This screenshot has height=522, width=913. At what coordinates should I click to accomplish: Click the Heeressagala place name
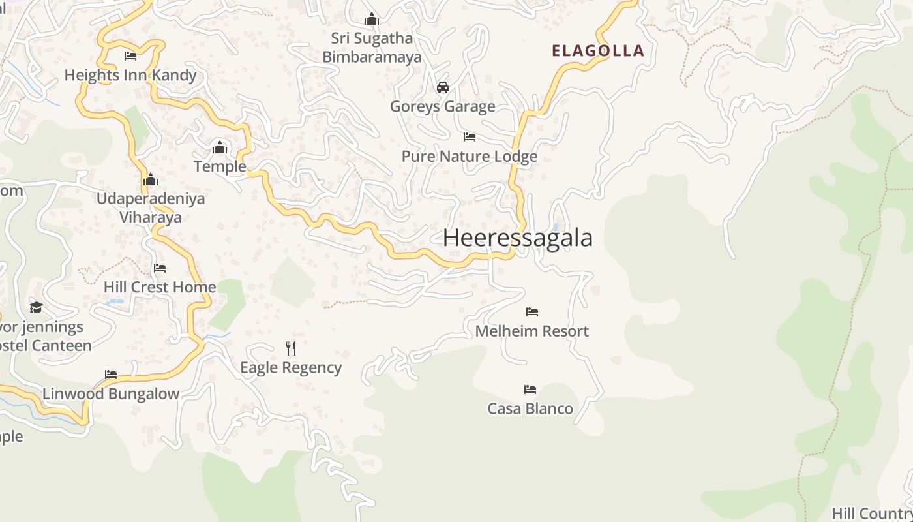tap(518, 238)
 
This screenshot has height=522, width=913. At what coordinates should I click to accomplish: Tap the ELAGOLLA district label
tap(597, 51)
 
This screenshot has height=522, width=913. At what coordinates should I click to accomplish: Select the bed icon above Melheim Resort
tap(532, 312)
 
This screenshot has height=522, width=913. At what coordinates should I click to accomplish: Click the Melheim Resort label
tap(531, 331)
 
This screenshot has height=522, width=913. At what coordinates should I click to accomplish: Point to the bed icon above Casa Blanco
tap(530, 390)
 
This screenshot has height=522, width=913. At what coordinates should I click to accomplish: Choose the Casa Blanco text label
tap(530, 409)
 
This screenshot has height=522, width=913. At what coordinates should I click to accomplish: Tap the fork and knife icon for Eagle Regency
tap(291, 348)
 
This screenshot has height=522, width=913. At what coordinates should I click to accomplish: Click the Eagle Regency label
tap(291, 368)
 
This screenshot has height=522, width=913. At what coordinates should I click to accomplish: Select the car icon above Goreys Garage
tap(443, 87)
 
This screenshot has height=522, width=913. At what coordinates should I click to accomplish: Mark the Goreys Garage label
tap(443, 106)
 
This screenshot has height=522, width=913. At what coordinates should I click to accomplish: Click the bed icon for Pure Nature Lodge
tap(469, 137)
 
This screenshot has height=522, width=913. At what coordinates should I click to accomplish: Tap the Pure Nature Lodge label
tap(470, 157)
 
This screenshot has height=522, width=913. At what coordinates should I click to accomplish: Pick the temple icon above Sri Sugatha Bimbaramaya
tap(372, 19)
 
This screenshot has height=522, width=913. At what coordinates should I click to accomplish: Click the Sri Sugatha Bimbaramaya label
tap(372, 48)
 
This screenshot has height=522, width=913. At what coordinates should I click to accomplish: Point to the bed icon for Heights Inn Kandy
tap(130, 56)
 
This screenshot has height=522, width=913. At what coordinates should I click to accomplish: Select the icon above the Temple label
tap(220, 147)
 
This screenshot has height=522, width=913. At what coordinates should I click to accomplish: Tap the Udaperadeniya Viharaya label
tap(151, 207)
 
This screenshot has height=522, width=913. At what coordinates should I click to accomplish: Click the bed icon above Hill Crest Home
tap(160, 268)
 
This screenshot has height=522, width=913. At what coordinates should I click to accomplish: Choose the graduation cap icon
tap(36, 307)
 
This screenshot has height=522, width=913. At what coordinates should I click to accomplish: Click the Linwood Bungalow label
tap(111, 394)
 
